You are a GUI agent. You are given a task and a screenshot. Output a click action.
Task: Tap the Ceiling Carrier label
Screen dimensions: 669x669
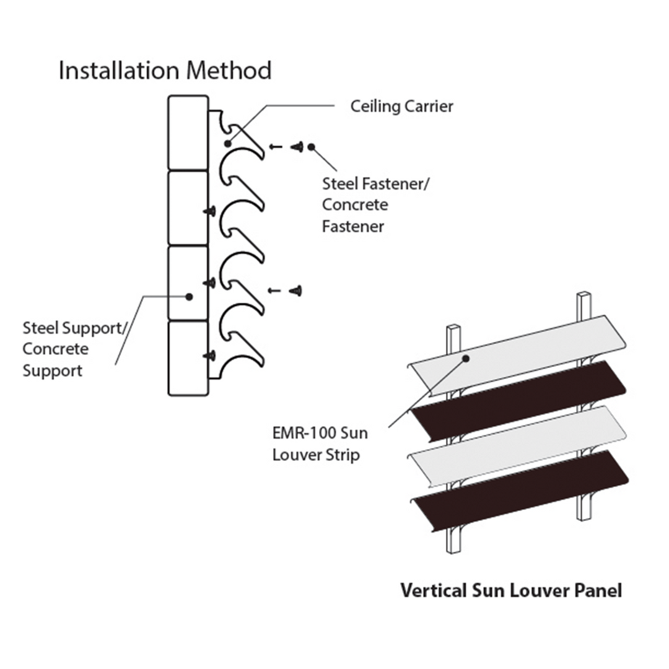(401, 106)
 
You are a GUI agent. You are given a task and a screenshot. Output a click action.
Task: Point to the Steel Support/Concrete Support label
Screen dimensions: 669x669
(73, 349)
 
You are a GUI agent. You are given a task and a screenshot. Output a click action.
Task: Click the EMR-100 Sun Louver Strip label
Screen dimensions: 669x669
(320, 444)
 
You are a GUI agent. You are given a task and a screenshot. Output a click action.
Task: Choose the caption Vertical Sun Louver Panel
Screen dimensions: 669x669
(510, 590)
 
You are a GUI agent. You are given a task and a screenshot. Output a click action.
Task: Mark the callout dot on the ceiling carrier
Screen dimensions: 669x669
(228, 143)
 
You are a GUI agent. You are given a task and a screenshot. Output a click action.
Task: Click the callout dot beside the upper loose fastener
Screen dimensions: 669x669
(311, 147)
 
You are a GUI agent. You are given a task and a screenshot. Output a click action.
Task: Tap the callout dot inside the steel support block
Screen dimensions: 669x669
(189, 296)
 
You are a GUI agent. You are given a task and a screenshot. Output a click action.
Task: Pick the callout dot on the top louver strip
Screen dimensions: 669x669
(465, 358)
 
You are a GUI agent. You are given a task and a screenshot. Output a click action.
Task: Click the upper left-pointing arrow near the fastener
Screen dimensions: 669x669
(276, 147)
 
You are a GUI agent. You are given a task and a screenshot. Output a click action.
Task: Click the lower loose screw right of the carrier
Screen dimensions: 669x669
(297, 290)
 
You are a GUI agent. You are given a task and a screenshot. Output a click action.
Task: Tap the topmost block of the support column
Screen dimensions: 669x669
(188, 132)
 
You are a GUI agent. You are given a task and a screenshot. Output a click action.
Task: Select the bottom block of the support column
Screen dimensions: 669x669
(188, 358)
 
